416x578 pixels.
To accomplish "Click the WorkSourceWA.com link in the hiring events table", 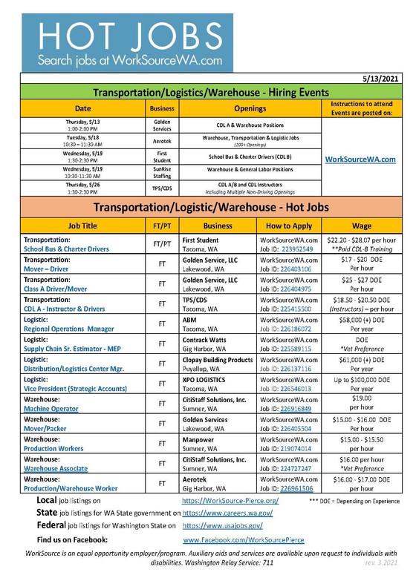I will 360,159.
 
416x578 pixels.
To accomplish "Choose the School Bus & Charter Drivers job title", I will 68,250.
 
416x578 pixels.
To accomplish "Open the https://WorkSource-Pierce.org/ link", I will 230,501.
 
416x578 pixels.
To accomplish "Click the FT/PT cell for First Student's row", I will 162,243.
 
